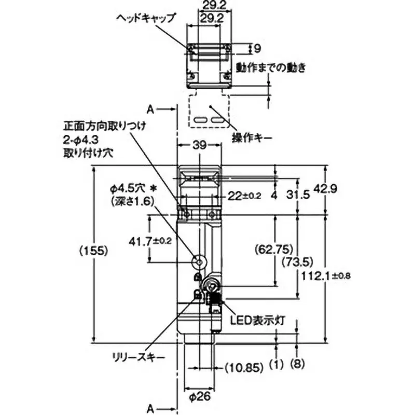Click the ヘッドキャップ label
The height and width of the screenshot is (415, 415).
click(146, 18)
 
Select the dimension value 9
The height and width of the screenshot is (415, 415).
click(257, 48)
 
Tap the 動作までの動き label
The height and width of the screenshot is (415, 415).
click(271, 68)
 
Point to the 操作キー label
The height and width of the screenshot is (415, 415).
click(252, 137)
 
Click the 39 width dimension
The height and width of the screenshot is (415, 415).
click(199, 145)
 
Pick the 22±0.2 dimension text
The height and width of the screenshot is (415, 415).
click(244, 196)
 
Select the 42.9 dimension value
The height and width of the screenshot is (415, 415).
click(325, 189)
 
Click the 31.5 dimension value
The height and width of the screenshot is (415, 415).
click(298, 195)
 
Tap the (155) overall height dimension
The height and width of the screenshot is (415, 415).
click(94, 251)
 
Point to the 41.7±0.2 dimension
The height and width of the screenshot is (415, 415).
click(150, 241)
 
